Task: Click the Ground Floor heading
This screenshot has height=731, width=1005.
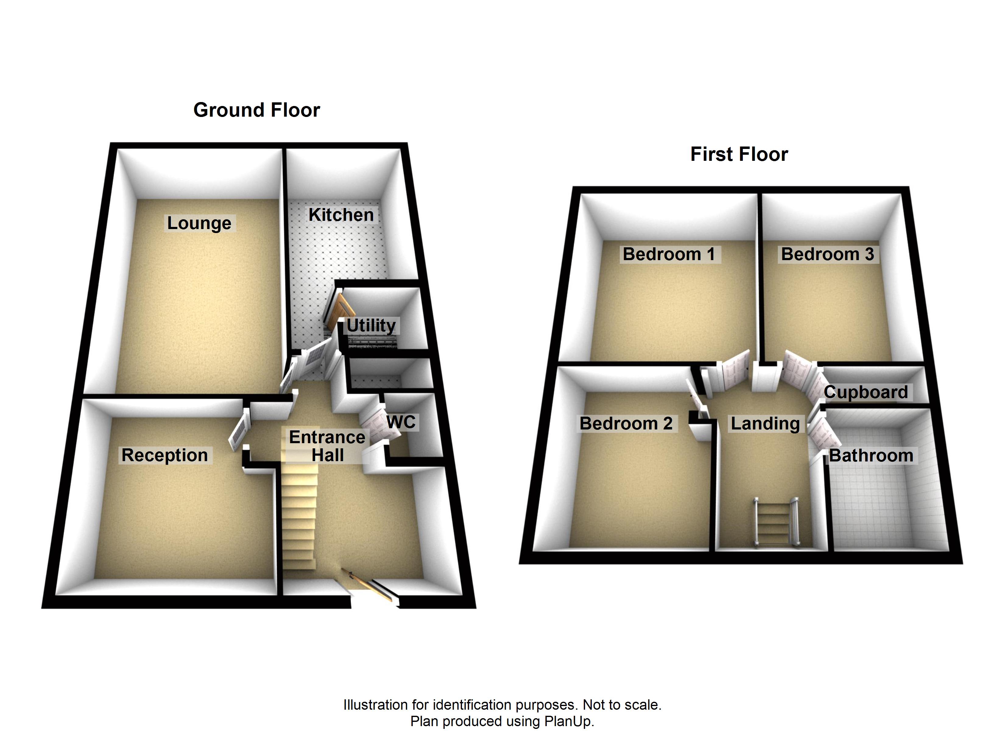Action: [x=256, y=110]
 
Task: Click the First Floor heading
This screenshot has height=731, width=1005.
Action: [x=739, y=154]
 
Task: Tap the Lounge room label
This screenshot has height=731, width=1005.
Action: [x=199, y=223]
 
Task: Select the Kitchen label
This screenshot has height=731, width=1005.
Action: [x=341, y=215]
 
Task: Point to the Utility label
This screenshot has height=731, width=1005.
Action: [x=371, y=325]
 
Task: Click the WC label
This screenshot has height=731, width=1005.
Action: [x=401, y=422]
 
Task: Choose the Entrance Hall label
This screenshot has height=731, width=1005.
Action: [x=327, y=446]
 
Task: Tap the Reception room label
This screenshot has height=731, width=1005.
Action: [x=164, y=455]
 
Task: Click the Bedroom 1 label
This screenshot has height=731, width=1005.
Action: [x=669, y=254]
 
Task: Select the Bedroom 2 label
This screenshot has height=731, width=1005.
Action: [x=626, y=423]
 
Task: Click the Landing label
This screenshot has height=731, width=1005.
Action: [x=765, y=423]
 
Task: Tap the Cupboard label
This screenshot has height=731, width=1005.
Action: [x=866, y=392]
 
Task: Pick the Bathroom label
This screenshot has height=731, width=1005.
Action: [x=871, y=456]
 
